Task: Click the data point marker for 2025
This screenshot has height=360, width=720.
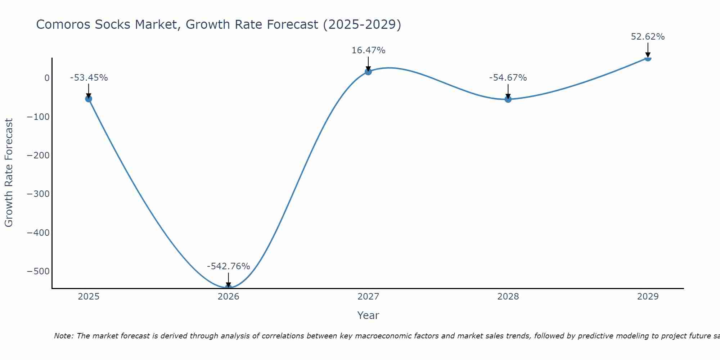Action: pyautogui.click(x=89, y=99)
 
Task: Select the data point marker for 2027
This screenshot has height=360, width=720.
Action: pyautogui.click(x=368, y=72)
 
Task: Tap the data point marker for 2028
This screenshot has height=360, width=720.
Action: pyautogui.click(x=508, y=99)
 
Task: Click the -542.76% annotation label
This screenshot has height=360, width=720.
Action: pyautogui.click(x=228, y=266)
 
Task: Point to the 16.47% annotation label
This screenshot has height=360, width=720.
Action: pyautogui.click(x=368, y=50)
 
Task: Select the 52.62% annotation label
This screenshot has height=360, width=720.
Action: pyautogui.click(x=648, y=37)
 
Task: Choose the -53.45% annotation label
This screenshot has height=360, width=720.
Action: pyautogui.click(x=89, y=78)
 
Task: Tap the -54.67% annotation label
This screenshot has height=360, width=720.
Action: pyautogui.click(x=508, y=78)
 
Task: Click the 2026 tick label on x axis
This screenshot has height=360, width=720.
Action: pyautogui.click(x=228, y=297)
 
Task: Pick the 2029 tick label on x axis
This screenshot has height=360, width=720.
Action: pyautogui.click(x=648, y=297)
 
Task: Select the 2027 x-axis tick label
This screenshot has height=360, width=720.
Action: pyautogui.click(x=368, y=297)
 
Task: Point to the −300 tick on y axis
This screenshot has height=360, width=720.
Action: pyautogui.click(x=38, y=194)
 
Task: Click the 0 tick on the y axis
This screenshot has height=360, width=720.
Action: pyautogui.click(x=47, y=78)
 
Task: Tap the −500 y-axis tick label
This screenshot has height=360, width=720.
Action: pyautogui.click(x=38, y=271)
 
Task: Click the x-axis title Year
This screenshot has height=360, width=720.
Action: pyautogui.click(x=368, y=315)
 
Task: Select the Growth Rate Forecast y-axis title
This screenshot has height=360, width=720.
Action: pyautogui.click(x=9, y=172)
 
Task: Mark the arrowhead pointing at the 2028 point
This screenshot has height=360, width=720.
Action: pyautogui.click(x=508, y=96)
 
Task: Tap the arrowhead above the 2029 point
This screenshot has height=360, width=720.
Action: pyautogui.click(x=648, y=55)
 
